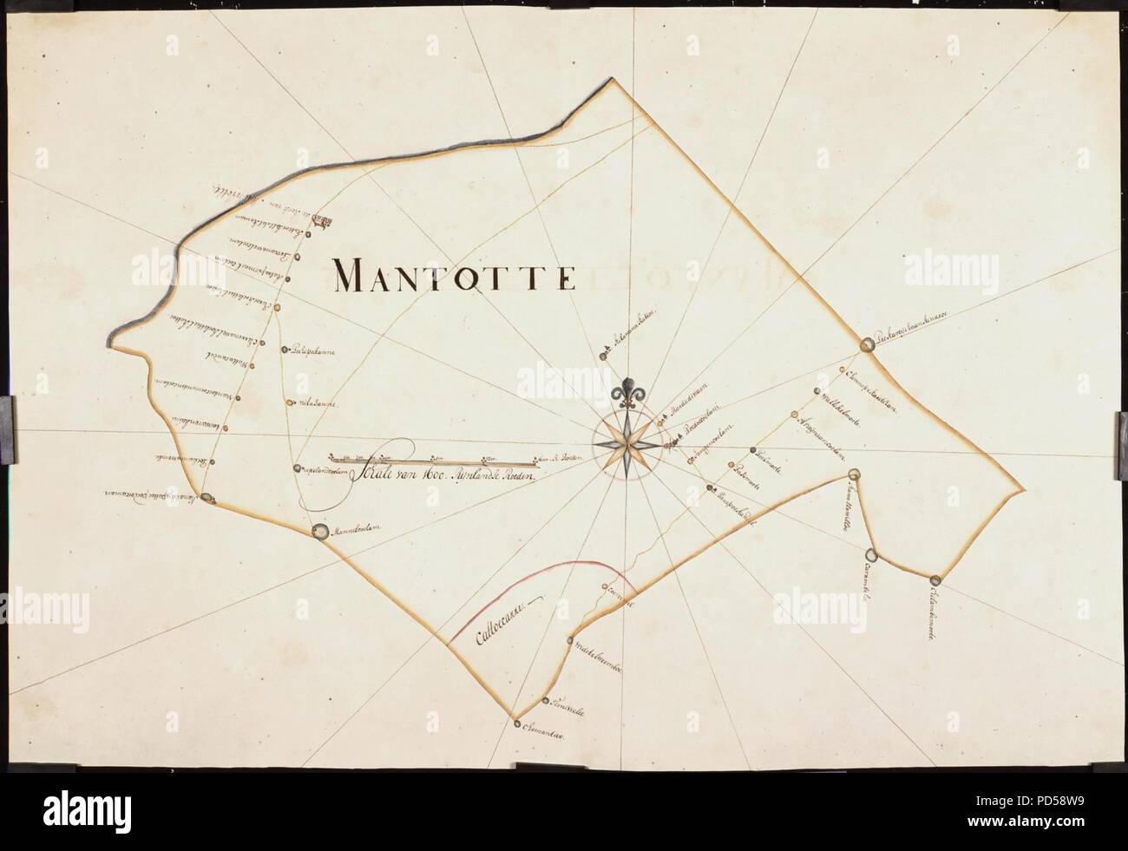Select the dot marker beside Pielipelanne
coord(285,350)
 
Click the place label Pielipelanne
coord(314,351)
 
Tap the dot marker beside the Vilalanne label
coord(288,403)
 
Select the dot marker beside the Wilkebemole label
coord(816,391)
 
